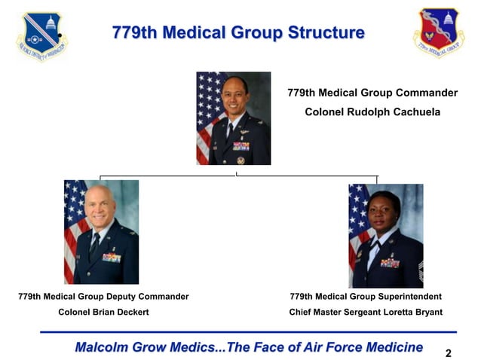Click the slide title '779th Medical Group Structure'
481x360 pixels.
[238, 33]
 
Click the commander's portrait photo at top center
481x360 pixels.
[233, 118]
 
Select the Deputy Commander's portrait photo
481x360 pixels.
[102, 231]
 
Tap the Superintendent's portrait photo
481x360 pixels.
[385, 235]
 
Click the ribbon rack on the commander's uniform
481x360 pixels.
[241, 145]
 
